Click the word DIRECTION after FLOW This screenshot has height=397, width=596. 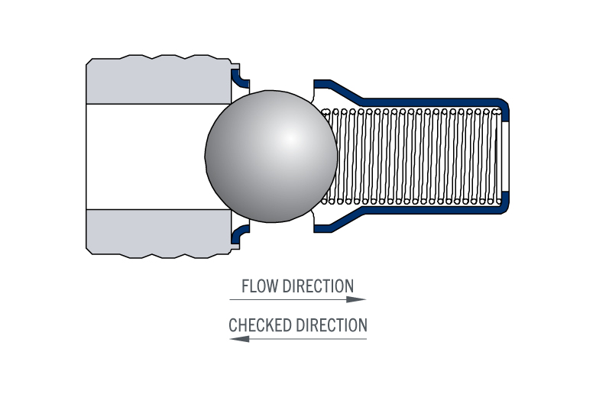318,286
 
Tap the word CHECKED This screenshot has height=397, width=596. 260,325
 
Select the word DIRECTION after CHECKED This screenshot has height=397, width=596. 332,325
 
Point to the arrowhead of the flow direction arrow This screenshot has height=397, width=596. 356,300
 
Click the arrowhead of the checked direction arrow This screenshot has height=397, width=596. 239,339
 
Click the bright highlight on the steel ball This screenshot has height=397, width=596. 290,139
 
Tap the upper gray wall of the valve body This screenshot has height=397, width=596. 159,80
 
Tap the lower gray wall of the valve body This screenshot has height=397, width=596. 159,233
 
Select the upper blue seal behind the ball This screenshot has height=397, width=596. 238,79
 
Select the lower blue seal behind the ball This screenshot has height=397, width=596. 238,234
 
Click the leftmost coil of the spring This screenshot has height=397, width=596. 326,157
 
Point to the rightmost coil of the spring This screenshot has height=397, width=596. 497,157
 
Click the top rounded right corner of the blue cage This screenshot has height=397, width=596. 504,104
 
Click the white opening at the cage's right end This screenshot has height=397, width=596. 505,157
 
